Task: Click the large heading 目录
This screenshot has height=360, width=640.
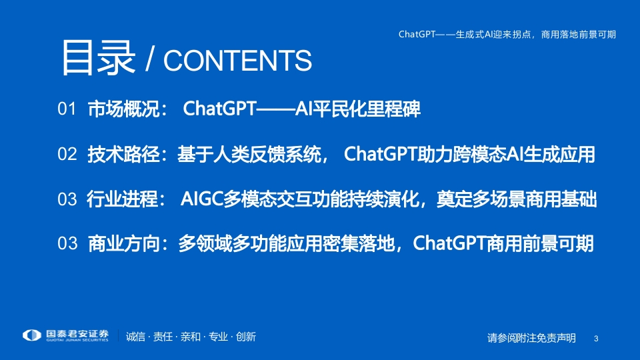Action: coord(99,58)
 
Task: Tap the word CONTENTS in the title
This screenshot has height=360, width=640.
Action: coord(237,61)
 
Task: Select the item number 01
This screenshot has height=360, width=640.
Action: coord(67,109)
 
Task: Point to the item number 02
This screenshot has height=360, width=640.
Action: coord(67,154)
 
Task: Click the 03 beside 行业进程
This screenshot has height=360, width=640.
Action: coord(67,199)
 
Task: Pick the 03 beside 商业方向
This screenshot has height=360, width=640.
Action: coord(67,243)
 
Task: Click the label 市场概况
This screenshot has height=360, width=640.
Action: coord(124,109)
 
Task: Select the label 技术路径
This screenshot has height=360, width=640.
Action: coord(124,154)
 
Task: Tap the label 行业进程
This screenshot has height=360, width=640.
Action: coord(123,199)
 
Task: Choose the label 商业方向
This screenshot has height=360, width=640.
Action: coord(124,243)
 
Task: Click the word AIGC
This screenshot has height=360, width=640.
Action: coord(201,199)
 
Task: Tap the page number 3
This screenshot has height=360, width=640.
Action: coord(596,339)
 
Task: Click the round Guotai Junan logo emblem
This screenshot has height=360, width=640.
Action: coord(32,335)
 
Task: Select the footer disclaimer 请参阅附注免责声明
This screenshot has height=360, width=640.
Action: coord(531,338)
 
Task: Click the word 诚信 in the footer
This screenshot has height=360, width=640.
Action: coord(135,337)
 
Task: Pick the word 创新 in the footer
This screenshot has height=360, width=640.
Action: coord(246,337)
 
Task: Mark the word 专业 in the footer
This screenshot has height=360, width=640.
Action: coord(218,337)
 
